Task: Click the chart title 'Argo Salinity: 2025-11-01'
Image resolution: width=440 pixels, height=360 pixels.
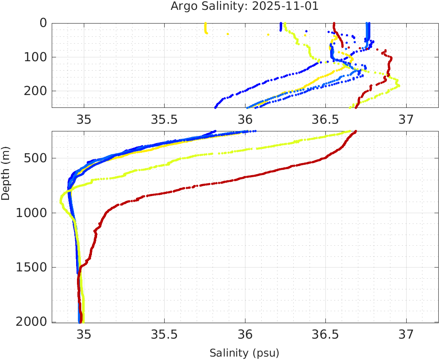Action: (244, 6)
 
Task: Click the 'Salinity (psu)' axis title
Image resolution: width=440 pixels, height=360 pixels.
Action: (244, 353)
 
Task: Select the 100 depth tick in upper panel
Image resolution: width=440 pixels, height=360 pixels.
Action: (37, 57)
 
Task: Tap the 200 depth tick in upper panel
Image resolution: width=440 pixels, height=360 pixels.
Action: (37, 91)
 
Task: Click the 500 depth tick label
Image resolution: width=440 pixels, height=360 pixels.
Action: (37, 158)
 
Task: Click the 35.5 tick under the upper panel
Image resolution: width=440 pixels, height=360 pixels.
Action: (164, 119)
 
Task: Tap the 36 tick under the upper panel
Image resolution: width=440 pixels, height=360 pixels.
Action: (245, 119)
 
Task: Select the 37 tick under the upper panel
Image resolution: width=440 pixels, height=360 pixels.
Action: (406, 119)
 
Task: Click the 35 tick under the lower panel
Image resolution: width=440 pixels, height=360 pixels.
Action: (84, 333)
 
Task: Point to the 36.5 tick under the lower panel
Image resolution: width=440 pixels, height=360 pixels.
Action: (325, 333)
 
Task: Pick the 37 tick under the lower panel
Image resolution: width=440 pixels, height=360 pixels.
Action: (406, 333)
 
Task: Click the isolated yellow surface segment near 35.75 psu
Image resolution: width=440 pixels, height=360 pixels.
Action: (206, 28)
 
